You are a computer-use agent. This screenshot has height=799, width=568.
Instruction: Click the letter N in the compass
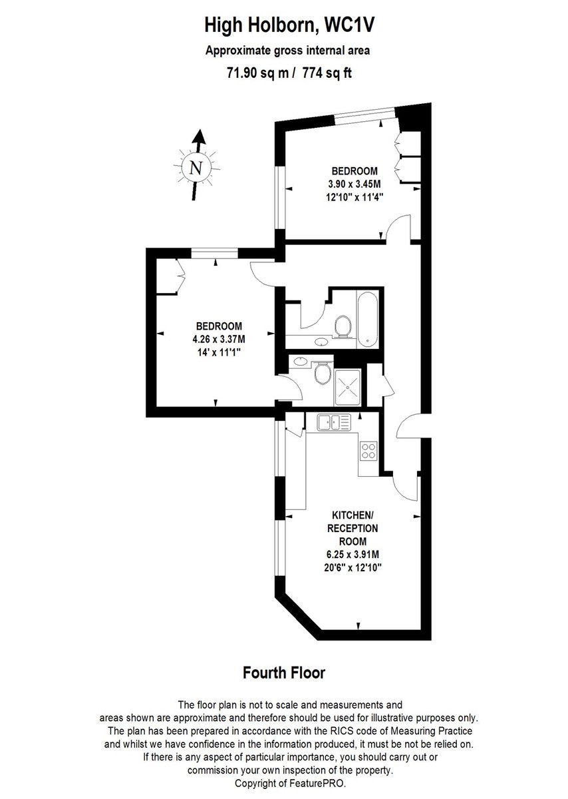coord(196,167)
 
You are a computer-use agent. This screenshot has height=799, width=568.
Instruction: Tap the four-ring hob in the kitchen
coord(368,451)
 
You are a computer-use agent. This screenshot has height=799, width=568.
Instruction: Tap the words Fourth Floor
coord(283,672)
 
